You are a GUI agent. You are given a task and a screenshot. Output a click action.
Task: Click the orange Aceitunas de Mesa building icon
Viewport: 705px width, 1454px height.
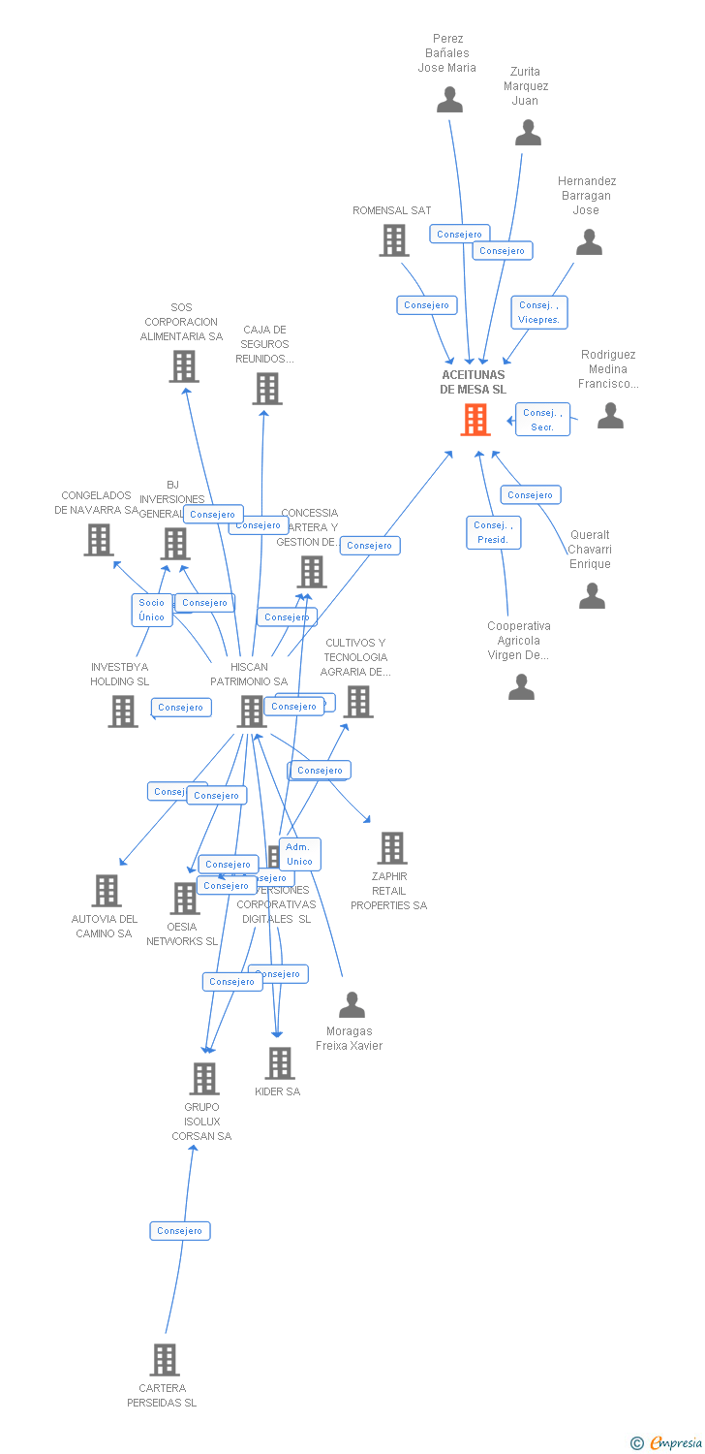(475, 420)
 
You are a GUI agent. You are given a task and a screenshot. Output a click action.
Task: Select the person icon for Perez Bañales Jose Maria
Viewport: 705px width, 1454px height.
(449, 100)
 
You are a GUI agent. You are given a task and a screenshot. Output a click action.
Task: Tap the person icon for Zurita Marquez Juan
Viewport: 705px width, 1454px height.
(528, 133)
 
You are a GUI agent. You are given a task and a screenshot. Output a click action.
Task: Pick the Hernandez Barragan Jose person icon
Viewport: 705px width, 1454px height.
(589, 242)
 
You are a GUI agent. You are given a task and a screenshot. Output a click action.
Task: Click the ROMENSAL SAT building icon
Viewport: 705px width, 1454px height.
(393, 240)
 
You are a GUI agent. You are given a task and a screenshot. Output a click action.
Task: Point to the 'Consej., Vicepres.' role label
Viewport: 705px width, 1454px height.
(539, 312)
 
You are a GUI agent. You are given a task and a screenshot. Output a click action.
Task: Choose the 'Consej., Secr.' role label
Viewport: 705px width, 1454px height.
(542, 420)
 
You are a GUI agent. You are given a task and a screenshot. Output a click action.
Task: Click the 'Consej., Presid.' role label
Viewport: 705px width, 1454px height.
(493, 532)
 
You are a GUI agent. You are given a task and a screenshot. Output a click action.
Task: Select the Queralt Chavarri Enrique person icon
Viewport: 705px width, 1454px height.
(592, 595)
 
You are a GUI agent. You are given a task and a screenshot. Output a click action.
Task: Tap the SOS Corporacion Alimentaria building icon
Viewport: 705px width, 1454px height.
(184, 366)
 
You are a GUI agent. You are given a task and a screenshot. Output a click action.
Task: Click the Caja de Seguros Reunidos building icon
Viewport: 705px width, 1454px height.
(266, 388)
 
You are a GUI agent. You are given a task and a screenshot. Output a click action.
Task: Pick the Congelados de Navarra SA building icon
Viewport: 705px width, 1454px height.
(99, 540)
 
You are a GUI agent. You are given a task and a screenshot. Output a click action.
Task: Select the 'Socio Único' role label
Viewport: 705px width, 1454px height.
(152, 610)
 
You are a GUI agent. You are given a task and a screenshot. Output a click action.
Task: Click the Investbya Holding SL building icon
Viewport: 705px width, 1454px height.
(123, 711)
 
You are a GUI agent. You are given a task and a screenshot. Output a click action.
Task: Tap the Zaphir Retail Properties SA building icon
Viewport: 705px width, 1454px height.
(391, 848)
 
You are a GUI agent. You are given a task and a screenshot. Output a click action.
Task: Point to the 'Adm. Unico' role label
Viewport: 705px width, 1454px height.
(299, 854)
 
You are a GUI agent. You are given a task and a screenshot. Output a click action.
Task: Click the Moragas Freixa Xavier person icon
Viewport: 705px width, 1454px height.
(352, 1005)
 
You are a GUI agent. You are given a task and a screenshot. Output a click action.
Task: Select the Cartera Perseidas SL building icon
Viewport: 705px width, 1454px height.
(165, 1360)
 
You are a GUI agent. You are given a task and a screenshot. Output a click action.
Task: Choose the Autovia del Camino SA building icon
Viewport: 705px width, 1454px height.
(106, 890)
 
